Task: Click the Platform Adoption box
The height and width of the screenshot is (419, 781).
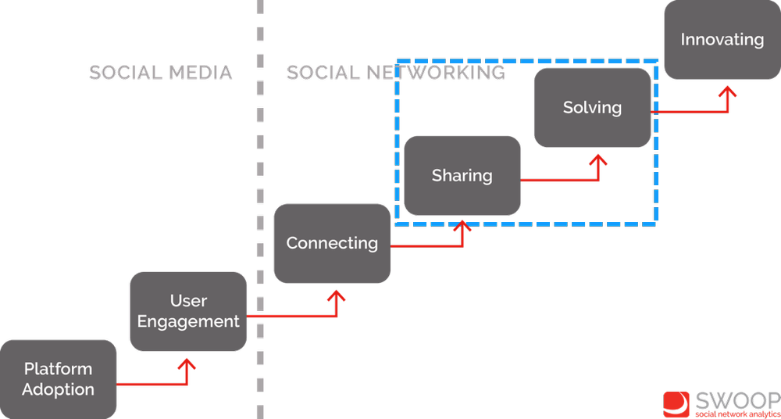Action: tap(58, 379)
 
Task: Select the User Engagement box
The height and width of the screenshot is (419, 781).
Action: tap(188, 311)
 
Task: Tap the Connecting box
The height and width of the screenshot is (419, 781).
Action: tap(332, 243)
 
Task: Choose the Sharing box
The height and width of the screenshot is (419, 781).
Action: tap(462, 175)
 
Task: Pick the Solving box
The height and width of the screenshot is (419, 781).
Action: tap(592, 107)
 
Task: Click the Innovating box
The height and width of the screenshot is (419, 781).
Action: tap(722, 39)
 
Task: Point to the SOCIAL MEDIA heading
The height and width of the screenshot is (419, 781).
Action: tap(160, 73)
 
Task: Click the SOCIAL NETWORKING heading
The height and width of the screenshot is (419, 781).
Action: tap(394, 73)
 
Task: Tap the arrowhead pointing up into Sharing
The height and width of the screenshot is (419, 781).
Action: tap(465, 227)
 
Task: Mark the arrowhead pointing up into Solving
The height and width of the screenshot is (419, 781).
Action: tap(599, 159)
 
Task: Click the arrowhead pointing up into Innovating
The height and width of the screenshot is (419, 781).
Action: tap(728, 92)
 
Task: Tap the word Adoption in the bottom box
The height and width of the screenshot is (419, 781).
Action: tap(58, 389)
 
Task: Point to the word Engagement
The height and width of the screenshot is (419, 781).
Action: tap(188, 321)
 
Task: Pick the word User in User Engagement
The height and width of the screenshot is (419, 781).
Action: tap(188, 301)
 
